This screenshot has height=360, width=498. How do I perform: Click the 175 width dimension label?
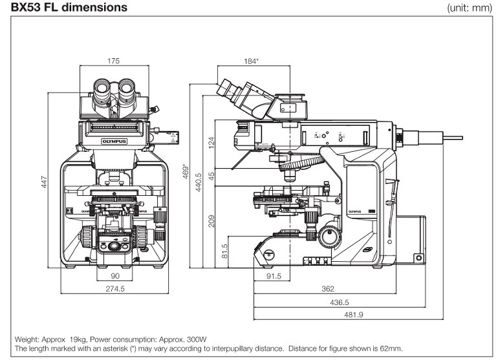(x=114, y=62)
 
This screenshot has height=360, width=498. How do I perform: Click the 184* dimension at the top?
(x=251, y=62)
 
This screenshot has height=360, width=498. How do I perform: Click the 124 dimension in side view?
(x=211, y=142)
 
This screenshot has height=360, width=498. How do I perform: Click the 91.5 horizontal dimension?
(x=272, y=277)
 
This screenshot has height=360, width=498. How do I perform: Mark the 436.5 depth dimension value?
(x=339, y=302)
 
